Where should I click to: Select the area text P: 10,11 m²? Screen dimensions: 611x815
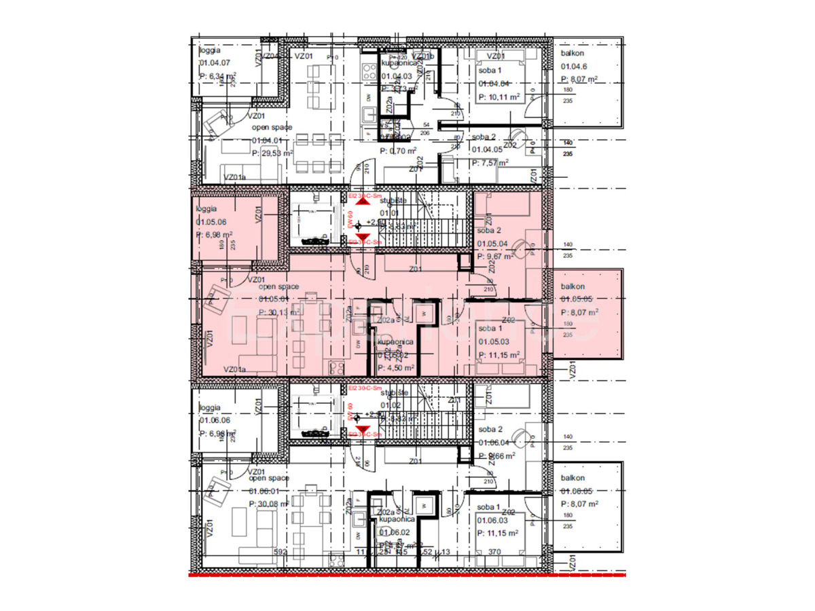click(499, 97)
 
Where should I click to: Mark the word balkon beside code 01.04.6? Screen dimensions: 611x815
click(573, 53)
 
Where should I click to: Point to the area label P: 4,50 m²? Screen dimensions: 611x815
click(396, 367)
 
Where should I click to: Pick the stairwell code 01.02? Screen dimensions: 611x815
click(391, 405)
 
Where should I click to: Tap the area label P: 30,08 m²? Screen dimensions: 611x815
click(270, 504)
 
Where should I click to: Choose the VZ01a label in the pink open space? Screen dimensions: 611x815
click(234, 369)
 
